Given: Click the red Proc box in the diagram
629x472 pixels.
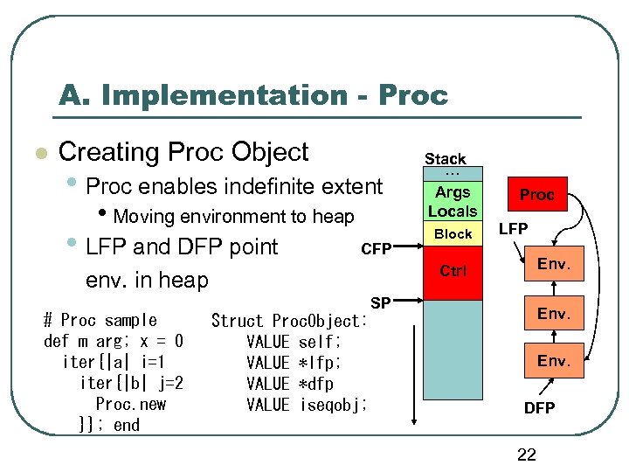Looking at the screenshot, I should (x=536, y=195).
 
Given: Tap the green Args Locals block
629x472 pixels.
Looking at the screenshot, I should (x=453, y=202).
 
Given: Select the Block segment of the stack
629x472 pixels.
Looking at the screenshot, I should (x=453, y=234).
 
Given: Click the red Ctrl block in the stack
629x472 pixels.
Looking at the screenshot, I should (x=453, y=271).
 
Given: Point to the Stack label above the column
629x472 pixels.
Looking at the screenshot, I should (x=446, y=158).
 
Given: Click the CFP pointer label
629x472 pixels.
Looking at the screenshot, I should (x=377, y=249).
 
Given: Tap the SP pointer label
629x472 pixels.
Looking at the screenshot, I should (x=380, y=302).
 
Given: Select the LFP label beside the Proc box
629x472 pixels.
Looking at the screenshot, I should (x=515, y=229).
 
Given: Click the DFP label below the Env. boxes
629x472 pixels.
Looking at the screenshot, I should (x=539, y=408).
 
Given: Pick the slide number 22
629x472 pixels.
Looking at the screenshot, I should (x=526, y=455).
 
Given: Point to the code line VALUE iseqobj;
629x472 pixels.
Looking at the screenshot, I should (x=307, y=405).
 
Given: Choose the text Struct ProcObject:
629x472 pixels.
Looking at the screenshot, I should (x=289, y=321).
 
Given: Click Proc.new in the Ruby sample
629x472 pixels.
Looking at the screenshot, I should (x=130, y=404).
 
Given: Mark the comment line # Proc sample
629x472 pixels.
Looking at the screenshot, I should (x=100, y=320).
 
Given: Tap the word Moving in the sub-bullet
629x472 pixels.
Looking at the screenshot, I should (x=145, y=217).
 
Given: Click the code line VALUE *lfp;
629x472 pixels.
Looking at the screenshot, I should (x=294, y=363).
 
